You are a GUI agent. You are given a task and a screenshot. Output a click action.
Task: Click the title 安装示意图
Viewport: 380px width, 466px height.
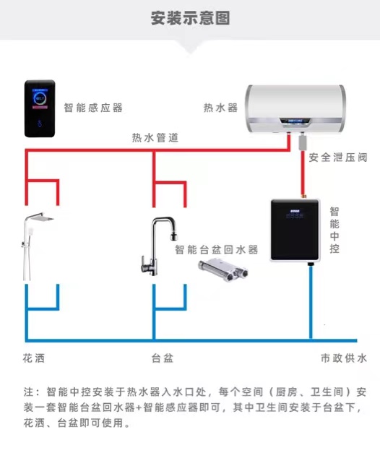point(190,18)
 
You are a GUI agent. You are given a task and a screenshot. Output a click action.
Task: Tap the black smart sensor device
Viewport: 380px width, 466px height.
point(40,108)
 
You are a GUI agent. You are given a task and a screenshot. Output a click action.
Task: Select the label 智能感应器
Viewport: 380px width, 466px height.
point(93,108)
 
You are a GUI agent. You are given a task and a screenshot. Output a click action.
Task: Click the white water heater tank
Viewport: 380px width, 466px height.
point(295,109)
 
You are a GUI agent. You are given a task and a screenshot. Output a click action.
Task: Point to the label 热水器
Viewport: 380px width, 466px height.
point(220,108)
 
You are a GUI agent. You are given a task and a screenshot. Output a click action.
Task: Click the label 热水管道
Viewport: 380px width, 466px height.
point(155,137)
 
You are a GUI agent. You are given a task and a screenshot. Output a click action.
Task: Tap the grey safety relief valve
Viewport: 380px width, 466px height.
point(303,142)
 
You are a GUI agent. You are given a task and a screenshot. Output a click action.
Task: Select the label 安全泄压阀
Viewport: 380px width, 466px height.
point(338,158)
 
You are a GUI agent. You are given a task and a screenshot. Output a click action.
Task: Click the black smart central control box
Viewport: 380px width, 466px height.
point(295,230)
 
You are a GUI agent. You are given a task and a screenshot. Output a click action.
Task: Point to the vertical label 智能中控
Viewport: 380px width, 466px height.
point(334,230)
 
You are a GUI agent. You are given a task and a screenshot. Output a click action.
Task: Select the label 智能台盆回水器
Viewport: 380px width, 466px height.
point(216,250)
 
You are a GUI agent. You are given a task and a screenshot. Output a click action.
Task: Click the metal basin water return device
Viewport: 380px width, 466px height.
point(223,269)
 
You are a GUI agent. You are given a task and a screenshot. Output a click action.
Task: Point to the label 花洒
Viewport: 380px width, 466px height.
point(34,358)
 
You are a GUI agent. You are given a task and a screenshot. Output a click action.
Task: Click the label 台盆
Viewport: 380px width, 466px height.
point(163,358)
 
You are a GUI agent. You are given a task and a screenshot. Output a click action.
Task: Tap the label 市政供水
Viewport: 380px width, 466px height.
point(344,358)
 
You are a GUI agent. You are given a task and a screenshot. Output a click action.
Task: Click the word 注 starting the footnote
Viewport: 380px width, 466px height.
point(28,392)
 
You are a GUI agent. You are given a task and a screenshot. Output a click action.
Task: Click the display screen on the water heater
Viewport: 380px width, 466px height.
point(295,121)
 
